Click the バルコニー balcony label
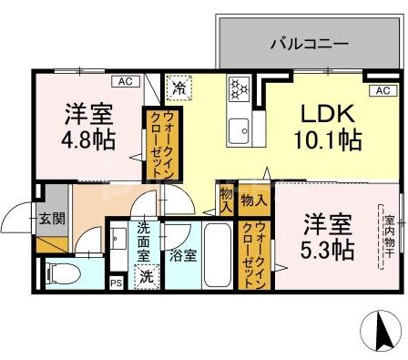pyautogui.click(x=302, y=42)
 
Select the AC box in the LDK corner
pyautogui.click(x=382, y=90)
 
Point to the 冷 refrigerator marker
pyautogui.click(x=179, y=88)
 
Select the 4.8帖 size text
pyautogui.click(x=89, y=142)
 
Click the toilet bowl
pyautogui.click(x=61, y=272)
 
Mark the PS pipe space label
pyautogui.click(x=116, y=283)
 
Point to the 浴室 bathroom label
pyautogui.click(x=183, y=256)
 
